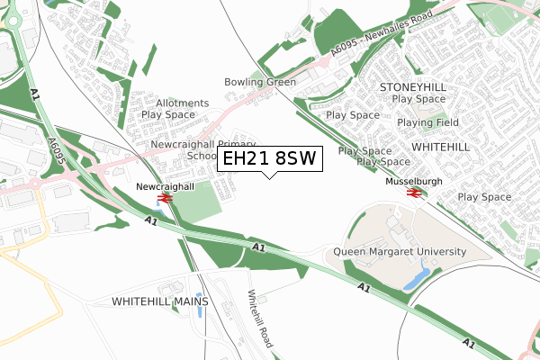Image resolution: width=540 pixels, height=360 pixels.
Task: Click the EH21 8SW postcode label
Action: coord(268,159)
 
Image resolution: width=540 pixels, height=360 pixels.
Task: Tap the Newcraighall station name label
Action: coord(165,186)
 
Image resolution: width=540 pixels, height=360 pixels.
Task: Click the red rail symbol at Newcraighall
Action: coord(165,198)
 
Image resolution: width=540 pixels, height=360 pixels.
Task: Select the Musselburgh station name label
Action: coord(415,181)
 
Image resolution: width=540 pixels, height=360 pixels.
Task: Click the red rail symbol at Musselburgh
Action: coord(415,192)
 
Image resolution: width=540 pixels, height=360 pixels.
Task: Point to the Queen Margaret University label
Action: coord(400,252)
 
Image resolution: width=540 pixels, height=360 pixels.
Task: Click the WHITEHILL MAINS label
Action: coord(160,301)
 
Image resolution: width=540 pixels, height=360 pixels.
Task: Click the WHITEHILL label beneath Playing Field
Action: coord(440,145)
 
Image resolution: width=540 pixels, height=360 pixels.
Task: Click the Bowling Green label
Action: coord(260,82)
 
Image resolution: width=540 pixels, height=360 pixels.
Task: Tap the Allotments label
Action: coord(182,103)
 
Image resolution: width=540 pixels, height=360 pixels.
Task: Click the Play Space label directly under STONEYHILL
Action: coord(418,98)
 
